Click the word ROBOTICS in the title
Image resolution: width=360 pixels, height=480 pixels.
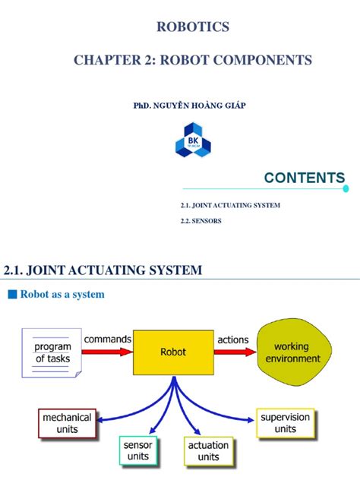tap(191, 28)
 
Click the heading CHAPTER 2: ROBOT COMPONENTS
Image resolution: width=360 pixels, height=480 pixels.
tap(191, 60)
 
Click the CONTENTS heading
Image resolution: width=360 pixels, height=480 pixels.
tap(304, 178)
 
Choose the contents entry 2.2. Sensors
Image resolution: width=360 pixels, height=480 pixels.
tap(201, 222)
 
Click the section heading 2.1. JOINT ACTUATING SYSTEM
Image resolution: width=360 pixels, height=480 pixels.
tap(103, 270)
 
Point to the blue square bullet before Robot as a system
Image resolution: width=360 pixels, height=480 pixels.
tap(11, 295)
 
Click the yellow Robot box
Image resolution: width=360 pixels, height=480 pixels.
tap(172, 352)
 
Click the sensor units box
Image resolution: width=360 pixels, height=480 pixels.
tap(139, 450)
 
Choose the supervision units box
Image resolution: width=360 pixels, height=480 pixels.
tap(286, 424)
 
